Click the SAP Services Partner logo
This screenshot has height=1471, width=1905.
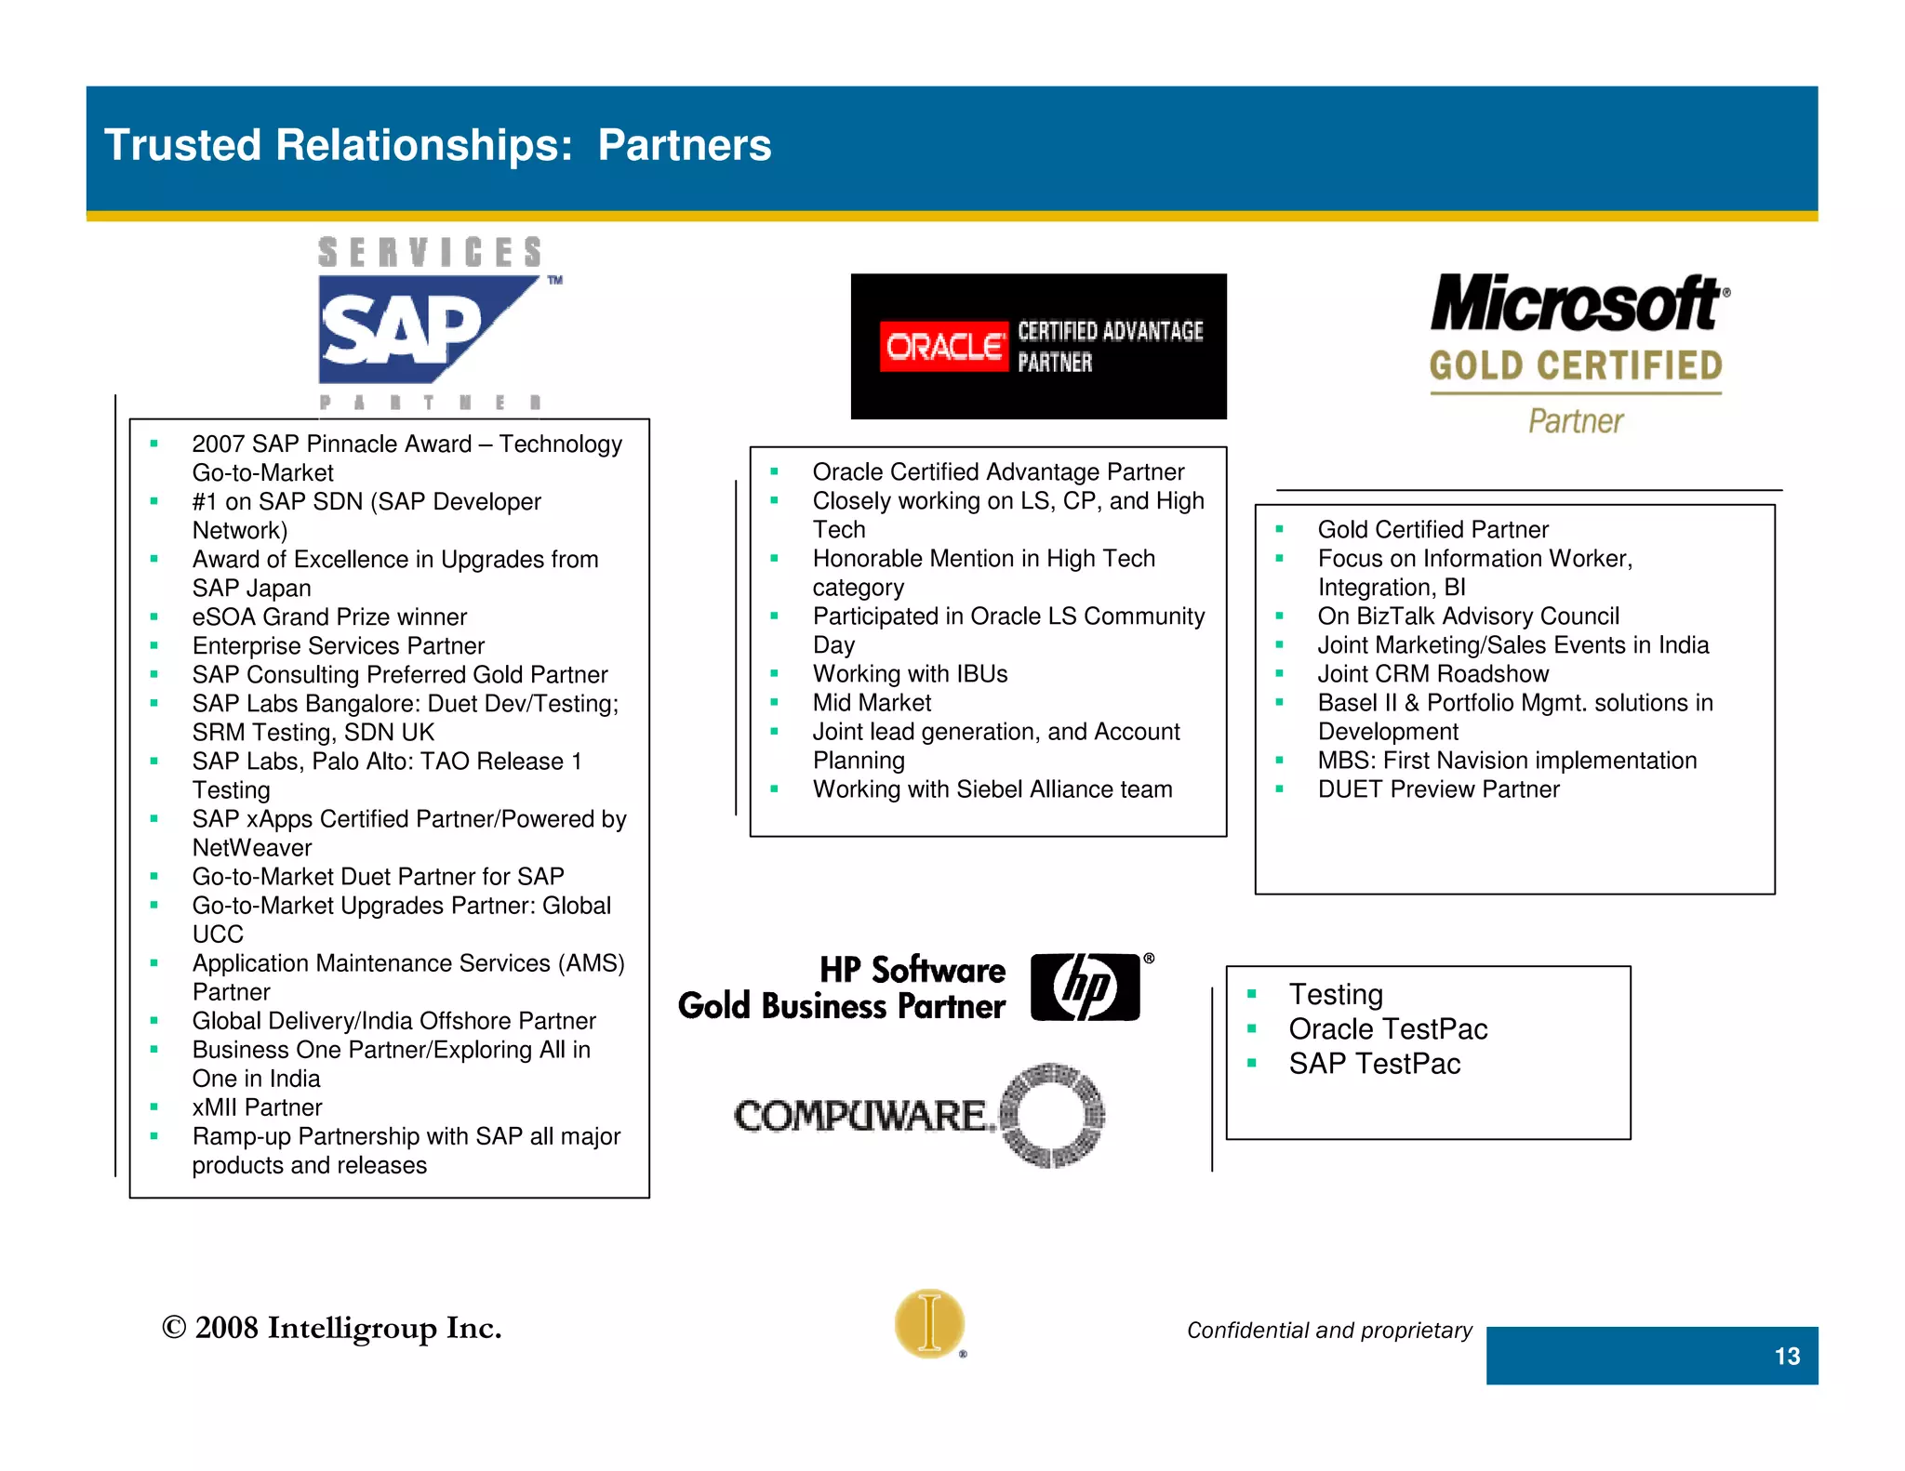[430, 325]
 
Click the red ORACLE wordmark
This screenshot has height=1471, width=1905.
[943, 347]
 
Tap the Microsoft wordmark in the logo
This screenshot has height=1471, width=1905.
[1578, 303]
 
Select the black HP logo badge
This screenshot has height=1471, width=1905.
[1086, 987]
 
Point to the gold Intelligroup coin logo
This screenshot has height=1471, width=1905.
[929, 1323]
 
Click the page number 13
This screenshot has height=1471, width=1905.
[1786, 1357]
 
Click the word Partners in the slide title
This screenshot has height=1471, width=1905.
[684, 145]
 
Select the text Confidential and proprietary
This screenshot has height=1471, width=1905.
[1329, 1331]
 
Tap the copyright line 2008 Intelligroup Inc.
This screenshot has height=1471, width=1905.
[332, 1328]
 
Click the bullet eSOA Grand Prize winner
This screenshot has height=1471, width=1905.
[329, 617]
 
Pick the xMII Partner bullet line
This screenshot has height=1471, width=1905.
[257, 1107]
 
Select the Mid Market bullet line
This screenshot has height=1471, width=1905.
[872, 703]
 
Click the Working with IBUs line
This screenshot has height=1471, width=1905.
[910, 674]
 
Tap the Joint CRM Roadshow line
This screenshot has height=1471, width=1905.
[1432, 674]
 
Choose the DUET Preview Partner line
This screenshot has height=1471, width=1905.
[1438, 789]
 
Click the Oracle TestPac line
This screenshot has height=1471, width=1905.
[1388, 1029]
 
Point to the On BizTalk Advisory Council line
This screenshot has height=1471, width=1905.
[1468, 616]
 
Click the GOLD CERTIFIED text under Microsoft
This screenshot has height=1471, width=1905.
[1576, 366]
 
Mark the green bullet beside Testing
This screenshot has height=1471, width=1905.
[1252, 994]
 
